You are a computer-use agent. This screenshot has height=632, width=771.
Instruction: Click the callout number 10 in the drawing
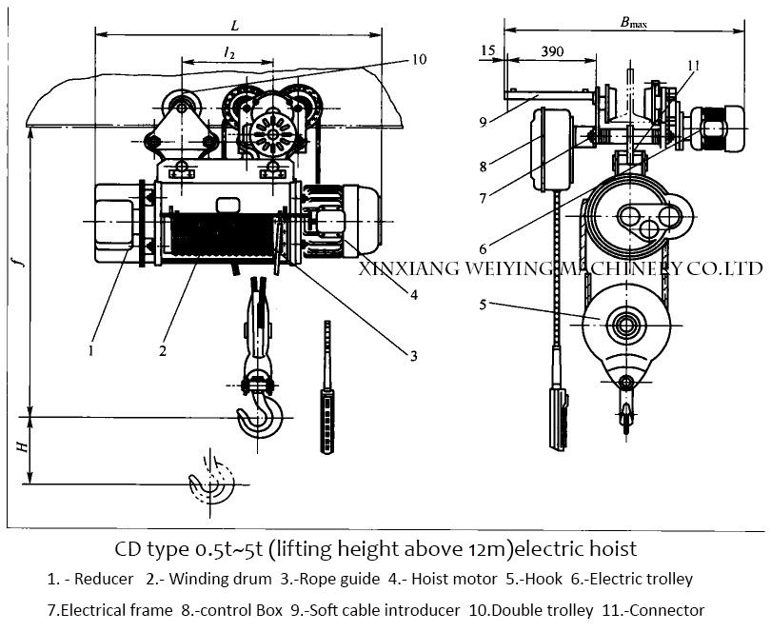click(x=420, y=59)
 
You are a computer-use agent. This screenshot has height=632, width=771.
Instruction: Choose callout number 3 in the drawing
click(x=414, y=357)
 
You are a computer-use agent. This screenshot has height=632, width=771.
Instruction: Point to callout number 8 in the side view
click(x=484, y=168)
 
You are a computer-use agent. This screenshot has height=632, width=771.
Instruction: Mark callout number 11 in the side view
click(x=693, y=66)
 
